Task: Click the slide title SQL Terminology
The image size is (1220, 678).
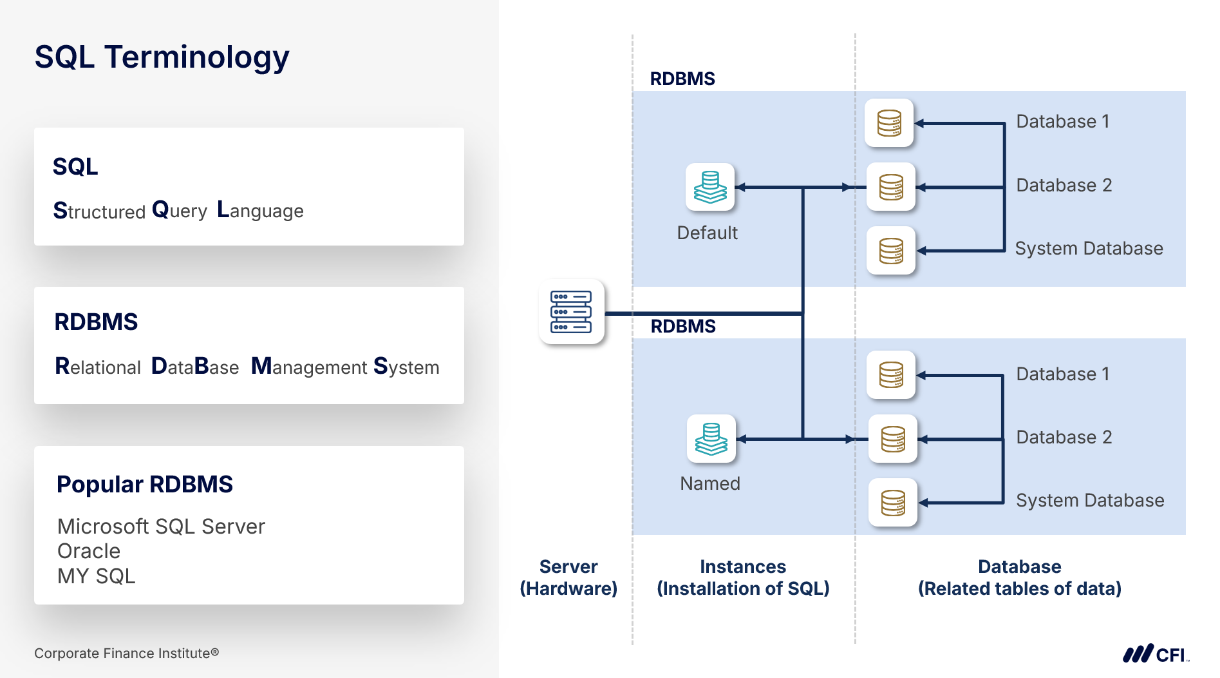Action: click(x=162, y=57)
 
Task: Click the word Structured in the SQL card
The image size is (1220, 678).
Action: click(x=99, y=211)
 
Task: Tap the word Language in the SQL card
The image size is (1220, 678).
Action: click(x=260, y=211)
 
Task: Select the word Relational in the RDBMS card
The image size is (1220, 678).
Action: click(x=98, y=367)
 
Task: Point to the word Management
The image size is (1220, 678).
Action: click(x=309, y=367)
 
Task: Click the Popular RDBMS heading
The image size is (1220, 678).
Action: click(x=145, y=485)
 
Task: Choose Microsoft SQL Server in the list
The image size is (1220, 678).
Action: click(x=161, y=527)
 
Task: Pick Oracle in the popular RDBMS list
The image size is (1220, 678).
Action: click(x=89, y=551)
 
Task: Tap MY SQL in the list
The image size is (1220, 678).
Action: click(x=97, y=576)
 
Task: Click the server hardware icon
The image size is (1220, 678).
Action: click(x=571, y=312)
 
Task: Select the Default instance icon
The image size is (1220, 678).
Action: click(x=710, y=187)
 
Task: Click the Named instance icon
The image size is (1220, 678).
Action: click(x=711, y=439)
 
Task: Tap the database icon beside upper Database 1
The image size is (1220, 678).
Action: click(x=889, y=123)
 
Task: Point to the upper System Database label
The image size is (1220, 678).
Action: click(x=1089, y=249)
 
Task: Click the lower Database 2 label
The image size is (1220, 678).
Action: click(x=1064, y=438)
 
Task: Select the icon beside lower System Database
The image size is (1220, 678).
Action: click(x=893, y=503)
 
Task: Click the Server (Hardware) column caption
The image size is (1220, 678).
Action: click(x=568, y=577)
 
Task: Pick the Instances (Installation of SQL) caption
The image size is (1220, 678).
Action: click(x=743, y=577)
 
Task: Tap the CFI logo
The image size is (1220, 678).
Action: click(x=1155, y=654)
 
